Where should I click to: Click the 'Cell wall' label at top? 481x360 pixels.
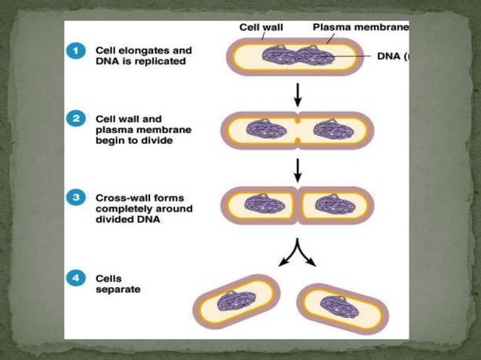261,27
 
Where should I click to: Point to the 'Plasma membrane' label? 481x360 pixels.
360,27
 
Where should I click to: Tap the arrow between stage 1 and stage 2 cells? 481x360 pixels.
298,93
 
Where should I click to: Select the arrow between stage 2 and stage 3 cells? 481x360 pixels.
298,169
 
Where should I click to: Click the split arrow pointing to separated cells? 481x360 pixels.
298,254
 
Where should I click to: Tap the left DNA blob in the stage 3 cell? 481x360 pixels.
264,203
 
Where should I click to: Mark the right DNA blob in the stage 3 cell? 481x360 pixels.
332,203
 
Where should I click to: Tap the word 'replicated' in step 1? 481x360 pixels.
158,62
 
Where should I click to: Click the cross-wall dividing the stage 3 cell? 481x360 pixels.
298,203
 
